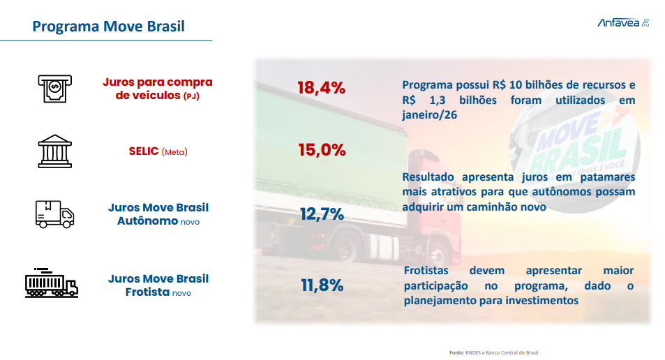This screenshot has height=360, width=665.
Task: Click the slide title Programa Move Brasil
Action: (108, 27)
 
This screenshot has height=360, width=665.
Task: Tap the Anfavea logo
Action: (622, 23)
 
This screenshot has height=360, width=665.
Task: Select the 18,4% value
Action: (321, 88)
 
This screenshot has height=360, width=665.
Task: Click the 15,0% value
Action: (321, 149)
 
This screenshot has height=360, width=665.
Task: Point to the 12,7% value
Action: (322, 214)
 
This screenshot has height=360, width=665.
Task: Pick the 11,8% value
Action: (322, 285)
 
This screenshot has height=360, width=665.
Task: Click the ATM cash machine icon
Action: (54, 88)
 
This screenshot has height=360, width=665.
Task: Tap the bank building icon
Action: (54, 151)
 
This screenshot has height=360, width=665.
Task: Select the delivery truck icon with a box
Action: (54, 213)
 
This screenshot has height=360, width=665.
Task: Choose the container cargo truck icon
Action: (51, 282)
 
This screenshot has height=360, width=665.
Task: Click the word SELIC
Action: (143, 151)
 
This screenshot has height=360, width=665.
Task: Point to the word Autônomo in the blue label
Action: (148, 221)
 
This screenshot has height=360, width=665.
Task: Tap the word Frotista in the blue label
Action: (147, 292)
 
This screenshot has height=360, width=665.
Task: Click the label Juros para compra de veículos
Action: (157, 89)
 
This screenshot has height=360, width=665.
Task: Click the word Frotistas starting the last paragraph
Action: (426, 271)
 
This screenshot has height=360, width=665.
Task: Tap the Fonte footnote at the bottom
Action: (493, 352)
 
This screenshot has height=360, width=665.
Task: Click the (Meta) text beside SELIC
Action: (174, 152)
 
